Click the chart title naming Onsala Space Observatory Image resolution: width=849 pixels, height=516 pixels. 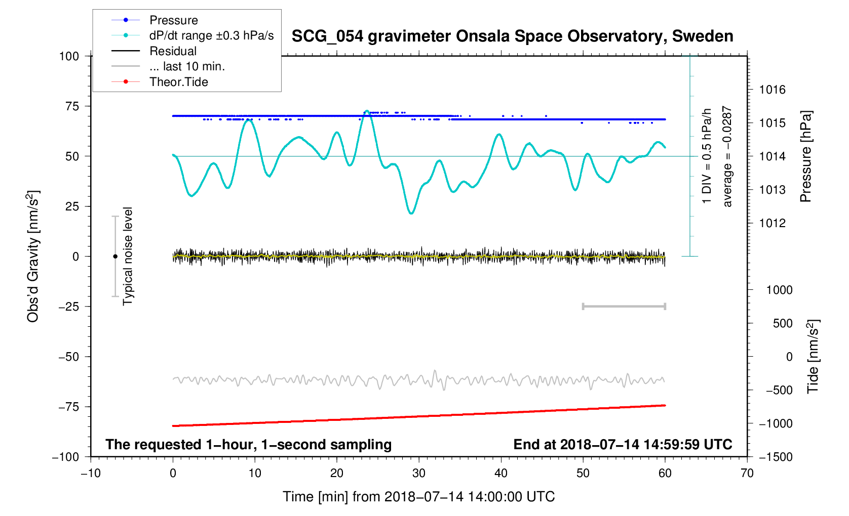click(x=512, y=36)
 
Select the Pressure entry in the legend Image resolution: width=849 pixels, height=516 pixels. click(x=173, y=20)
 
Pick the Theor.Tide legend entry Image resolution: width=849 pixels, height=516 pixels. click(x=178, y=82)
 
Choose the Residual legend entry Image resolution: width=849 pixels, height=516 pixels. click(x=173, y=51)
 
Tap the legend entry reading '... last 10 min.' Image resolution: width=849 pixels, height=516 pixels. click(x=187, y=66)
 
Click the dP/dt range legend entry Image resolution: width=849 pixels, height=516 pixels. click(x=211, y=35)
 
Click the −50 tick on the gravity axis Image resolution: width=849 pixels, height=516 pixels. click(x=68, y=357)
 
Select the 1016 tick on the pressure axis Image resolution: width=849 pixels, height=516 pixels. click(x=772, y=90)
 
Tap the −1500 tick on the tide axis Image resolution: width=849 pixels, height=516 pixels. click(x=775, y=457)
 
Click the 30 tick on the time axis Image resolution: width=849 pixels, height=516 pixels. click(x=419, y=474)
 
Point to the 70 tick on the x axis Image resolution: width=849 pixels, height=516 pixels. click(x=747, y=474)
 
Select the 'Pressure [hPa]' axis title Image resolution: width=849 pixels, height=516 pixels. click(x=806, y=156)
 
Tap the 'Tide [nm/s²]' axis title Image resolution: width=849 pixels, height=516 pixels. click(x=813, y=357)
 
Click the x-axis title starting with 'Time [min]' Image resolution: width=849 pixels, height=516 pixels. click(x=418, y=497)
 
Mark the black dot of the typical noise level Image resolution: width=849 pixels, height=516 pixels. click(x=115, y=256)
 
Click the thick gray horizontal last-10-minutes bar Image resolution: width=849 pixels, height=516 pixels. click(x=624, y=306)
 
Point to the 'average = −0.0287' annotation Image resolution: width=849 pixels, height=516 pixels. click(x=727, y=156)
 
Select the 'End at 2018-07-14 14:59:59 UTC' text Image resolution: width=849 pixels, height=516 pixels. click(x=623, y=445)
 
